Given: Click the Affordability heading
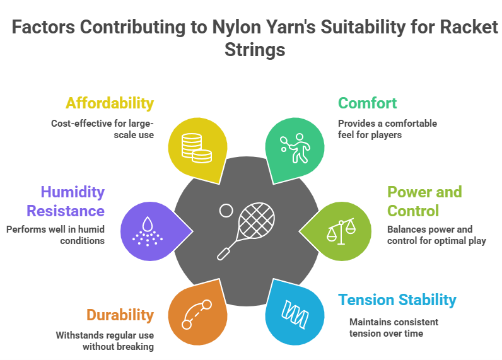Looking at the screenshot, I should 109,103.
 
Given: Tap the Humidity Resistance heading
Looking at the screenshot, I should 73,201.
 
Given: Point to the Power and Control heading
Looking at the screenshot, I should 424,201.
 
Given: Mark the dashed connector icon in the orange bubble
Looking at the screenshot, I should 196,314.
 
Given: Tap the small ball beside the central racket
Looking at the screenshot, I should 226,210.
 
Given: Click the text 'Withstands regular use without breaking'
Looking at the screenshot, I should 104,340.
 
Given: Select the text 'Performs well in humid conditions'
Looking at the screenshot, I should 56,235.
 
